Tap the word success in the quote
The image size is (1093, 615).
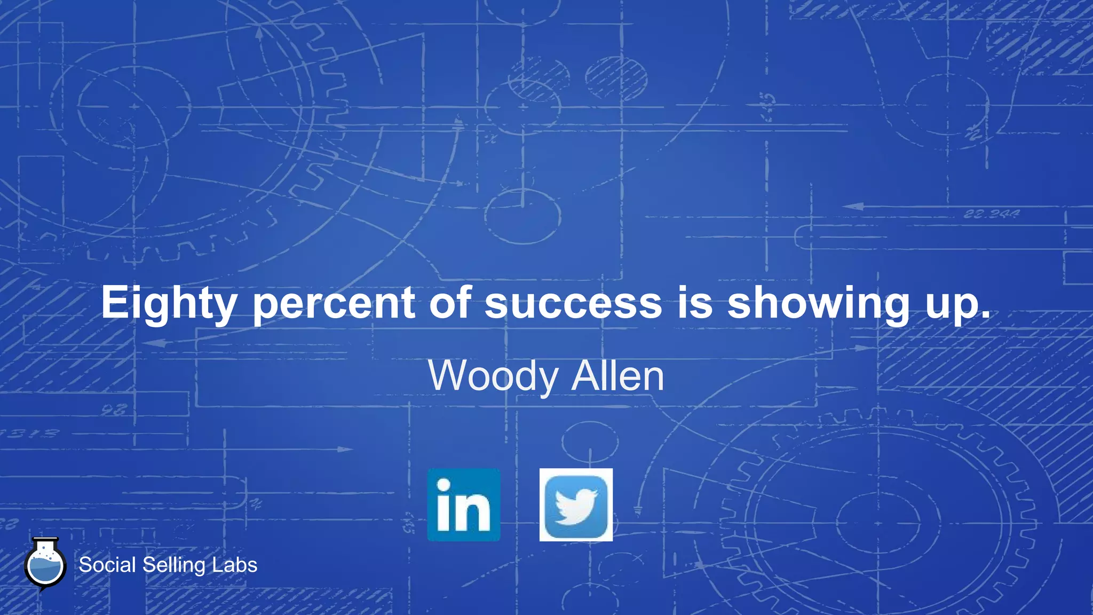(x=573, y=303)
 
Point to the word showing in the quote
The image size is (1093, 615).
(x=818, y=303)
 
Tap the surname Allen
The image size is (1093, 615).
(x=617, y=376)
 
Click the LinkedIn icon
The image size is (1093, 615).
(x=464, y=504)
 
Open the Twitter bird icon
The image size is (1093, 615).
(x=576, y=504)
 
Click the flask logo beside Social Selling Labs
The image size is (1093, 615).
(x=45, y=565)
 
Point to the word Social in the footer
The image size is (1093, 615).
(x=107, y=565)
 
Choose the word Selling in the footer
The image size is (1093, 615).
(x=173, y=565)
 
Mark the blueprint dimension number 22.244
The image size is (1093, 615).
(x=992, y=214)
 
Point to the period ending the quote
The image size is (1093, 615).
(x=985, y=315)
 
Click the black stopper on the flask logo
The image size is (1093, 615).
(x=45, y=541)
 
